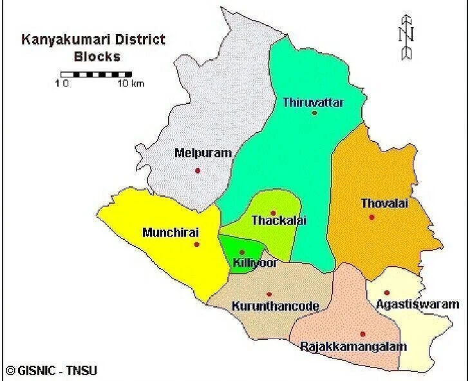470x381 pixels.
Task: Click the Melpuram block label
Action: point(203,153)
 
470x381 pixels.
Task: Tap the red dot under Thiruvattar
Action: point(314,113)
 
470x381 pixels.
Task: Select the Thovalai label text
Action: point(385,204)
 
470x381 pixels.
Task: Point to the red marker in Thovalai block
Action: point(371,217)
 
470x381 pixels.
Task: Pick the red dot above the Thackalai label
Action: point(273,213)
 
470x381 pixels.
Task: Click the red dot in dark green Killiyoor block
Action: point(242,252)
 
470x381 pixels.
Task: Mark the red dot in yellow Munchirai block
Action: point(196,244)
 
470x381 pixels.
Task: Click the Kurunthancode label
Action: point(275,307)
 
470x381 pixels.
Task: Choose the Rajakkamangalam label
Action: point(353,347)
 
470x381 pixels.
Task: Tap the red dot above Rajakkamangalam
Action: point(363,334)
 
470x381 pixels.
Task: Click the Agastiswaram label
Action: point(418,304)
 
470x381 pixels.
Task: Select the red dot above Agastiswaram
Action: point(387,292)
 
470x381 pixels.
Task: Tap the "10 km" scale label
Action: point(131,84)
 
